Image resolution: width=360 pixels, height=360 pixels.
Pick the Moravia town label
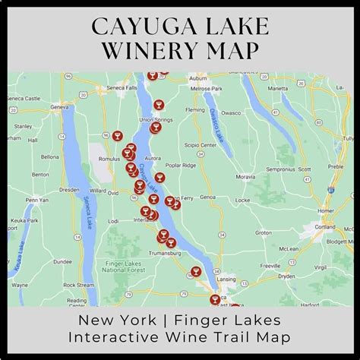(x=245, y=175)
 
